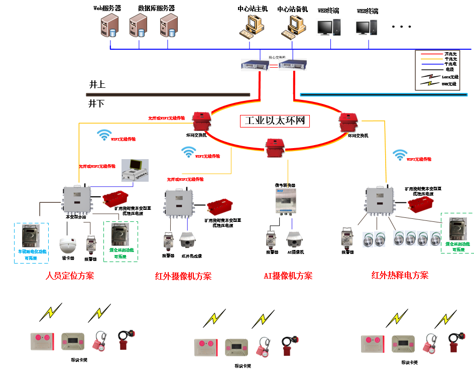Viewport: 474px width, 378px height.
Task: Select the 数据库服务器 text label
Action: (x=156, y=8)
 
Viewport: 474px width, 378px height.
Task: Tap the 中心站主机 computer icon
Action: (x=251, y=25)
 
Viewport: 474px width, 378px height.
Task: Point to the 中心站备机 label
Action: (x=292, y=9)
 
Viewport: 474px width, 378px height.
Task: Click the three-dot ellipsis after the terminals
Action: (x=402, y=27)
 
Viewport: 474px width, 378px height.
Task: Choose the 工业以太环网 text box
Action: (x=275, y=121)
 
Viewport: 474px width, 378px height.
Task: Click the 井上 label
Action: (x=97, y=84)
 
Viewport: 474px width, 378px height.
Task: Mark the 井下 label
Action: (x=96, y=103)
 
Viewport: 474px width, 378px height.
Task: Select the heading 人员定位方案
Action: (x=70, y=276)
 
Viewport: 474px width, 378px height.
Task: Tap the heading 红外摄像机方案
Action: (x=183, y=276)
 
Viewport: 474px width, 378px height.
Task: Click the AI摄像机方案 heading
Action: (x=288, y=276)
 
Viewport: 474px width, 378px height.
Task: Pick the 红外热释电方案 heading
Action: (x=400, y=275)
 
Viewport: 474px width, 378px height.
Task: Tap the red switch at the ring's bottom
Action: (x=274, y=147)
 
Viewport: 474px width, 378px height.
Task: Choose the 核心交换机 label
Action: (x=277, y=57)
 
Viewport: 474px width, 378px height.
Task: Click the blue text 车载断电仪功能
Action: (x=32, y=249)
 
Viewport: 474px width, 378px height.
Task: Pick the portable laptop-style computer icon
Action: (x=135, y=169)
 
